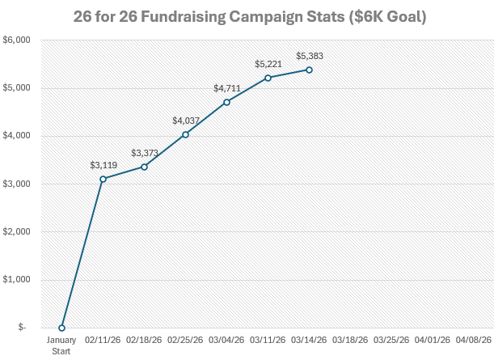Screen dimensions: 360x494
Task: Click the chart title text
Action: click(247, 15)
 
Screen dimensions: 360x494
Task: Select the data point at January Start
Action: click(61, 328)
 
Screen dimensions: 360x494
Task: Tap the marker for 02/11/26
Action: click(103, 179)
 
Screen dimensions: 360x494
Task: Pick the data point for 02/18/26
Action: click(144, 167)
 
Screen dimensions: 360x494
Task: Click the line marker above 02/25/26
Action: click(185, 134)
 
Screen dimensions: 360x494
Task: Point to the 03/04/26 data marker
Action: click(226, 102)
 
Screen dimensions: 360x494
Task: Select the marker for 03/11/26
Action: click(268, 78)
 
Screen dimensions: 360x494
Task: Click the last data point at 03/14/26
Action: click(309, 70)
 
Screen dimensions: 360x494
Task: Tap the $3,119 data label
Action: click(103, 165)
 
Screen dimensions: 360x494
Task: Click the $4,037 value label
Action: click(185, 121)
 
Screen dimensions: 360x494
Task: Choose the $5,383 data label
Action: click(309, 56)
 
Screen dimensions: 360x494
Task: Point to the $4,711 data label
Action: click(226, 88)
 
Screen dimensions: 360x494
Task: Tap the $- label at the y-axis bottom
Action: click(21, 328)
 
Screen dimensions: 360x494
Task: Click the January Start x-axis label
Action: click(61, 345)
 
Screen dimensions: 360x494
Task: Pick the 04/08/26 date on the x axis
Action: click(474, 341)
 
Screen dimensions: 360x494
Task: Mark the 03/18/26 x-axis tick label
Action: click(350, 341)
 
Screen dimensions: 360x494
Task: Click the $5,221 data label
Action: click(268, 64)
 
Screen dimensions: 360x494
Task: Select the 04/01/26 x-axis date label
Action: click(433, 341)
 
